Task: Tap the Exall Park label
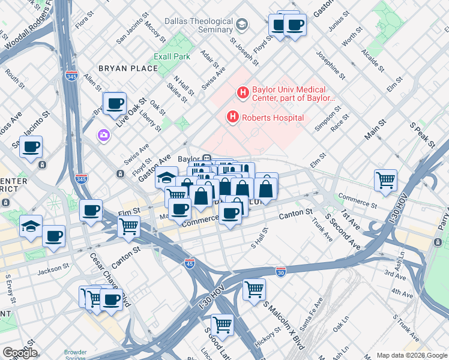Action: tap(172, 57)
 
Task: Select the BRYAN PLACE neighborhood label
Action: tap(128, 68)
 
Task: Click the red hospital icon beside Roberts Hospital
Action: tap(233, 118)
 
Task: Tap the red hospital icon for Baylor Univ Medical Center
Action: tap(243, 93)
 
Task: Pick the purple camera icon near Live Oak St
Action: tap(104, 135)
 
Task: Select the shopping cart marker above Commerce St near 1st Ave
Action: tap(385, 179)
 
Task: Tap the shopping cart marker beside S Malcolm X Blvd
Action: tap(254, 289)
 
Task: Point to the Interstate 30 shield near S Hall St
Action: tap(280, 272)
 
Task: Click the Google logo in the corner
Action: tap(19, 352)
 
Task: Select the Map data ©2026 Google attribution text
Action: tap(411, 355)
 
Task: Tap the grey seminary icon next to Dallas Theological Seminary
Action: tap(241, 25)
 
